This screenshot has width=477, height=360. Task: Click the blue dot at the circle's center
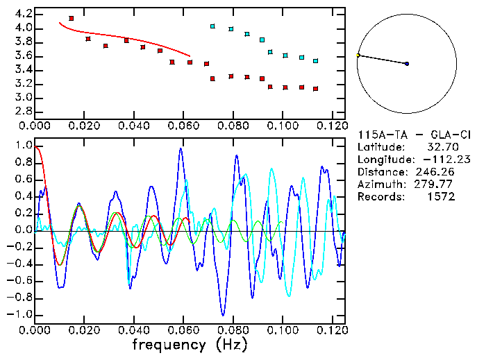(x=407, y=64)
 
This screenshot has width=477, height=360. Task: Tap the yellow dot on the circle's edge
(x=358, y=55)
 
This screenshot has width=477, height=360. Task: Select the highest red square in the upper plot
(x=72, y=18)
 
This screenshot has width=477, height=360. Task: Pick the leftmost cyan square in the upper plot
(x=212, y=26)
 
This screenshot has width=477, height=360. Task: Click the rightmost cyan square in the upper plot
(x=315, y=61)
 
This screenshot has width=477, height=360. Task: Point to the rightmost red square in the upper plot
(x=315, y=89)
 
